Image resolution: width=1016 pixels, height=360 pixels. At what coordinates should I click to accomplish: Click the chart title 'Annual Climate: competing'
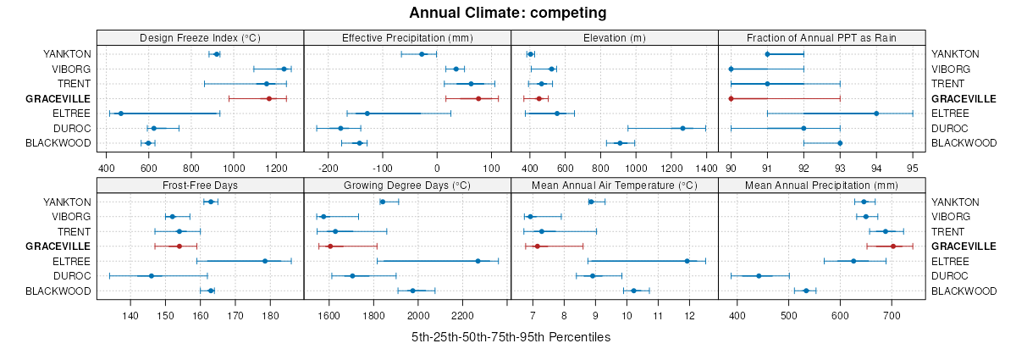point(507,13)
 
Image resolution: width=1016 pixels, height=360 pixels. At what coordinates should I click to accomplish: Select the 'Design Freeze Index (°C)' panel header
point(200,37)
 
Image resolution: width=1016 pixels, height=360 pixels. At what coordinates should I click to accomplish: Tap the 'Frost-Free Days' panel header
point(200,186)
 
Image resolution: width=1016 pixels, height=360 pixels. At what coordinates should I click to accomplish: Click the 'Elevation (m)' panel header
point(614,37)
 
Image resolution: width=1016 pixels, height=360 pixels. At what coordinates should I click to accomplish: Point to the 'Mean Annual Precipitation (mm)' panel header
point(820,186)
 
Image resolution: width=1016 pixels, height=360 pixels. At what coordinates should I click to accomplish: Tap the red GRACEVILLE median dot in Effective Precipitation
point(478,99)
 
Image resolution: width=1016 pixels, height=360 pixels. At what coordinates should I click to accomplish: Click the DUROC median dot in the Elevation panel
point(682,129)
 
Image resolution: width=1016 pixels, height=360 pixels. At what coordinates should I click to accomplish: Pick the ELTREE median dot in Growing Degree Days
point(478,261)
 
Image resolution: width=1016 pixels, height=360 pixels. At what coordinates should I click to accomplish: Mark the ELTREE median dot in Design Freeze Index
point(120,114)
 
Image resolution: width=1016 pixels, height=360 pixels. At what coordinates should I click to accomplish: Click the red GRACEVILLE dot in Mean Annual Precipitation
point(893,246)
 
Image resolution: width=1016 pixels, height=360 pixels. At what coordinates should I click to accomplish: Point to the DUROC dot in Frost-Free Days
point(152,276)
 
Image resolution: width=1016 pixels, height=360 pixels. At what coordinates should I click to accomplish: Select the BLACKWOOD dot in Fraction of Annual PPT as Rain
point(840,143)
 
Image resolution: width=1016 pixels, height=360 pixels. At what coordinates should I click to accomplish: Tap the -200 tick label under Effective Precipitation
point(327,156)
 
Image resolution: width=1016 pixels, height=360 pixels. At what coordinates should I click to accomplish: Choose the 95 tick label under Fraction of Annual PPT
point(913,156)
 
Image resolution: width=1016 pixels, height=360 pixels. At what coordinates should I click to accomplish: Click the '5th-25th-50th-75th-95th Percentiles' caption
point(511,337)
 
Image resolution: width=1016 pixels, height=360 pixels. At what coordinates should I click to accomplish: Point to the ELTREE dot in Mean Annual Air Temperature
point(687,261)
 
